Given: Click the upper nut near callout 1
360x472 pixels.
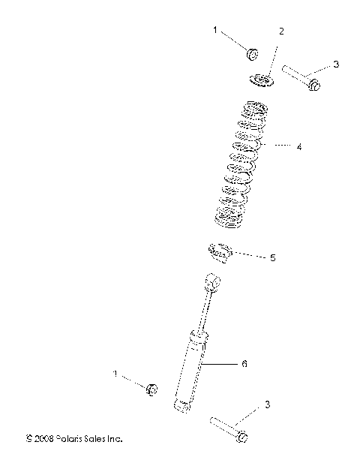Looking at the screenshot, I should (253, 53).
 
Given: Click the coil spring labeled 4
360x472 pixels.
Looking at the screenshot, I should (241, 164).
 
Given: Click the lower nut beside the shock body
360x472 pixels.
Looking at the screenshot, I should (151, 388).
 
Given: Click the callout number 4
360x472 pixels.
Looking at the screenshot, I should (298, 147).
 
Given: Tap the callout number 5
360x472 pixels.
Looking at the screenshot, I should (272, 257).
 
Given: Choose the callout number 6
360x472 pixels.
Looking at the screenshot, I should (244, 364).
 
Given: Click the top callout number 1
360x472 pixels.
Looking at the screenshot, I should (214, 31).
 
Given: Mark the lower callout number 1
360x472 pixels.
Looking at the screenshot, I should (115, 373).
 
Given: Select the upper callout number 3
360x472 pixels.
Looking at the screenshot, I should (336, 65).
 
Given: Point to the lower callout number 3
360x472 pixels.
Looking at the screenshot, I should (266, 405).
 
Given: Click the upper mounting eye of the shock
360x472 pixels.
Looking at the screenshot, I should (212, 283).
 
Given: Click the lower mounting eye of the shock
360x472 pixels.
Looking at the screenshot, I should (179, 405).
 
